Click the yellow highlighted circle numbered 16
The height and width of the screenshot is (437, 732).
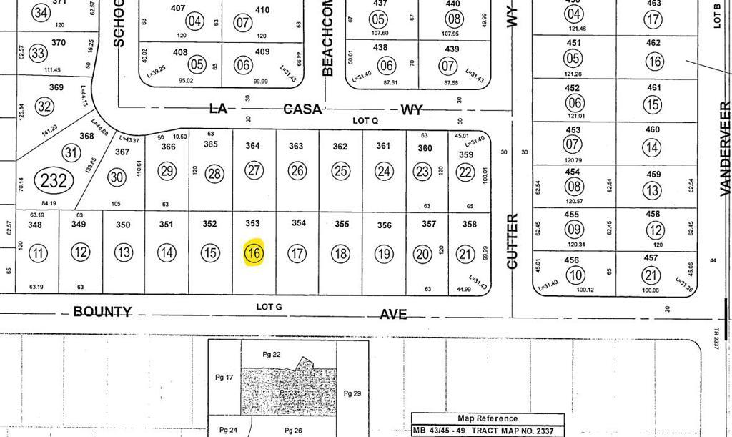(x=254, y=252)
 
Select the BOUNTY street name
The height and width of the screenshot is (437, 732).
(x=103, y=312)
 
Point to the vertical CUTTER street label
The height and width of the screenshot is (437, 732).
(x=512, y=241)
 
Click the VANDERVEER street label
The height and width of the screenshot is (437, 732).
(x=725, y=149)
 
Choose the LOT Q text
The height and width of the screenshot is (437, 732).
(x=365, y=121)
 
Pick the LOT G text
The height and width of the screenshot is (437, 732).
(x=269, y=307)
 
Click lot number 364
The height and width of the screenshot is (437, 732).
(x=253, y=146)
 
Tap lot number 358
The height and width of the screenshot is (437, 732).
(x=469, y=224)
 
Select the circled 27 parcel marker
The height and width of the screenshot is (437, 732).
(x=254, y=170)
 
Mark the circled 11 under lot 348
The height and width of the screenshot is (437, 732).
(x=39, y=252)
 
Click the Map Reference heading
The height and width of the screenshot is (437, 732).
(x=488, y=418)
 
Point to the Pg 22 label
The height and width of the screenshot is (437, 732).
(x=272, y=355)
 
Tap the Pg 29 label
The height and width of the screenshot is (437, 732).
(x=353, y=393)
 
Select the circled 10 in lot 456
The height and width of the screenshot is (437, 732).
(x=573, y=275)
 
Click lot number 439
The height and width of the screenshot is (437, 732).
(x=452, y=49)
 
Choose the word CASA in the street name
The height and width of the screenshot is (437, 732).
(x=303, y=109)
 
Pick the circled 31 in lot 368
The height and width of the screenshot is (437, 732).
(x=71, y=152)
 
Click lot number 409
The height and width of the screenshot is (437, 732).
(x=262, y=51)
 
